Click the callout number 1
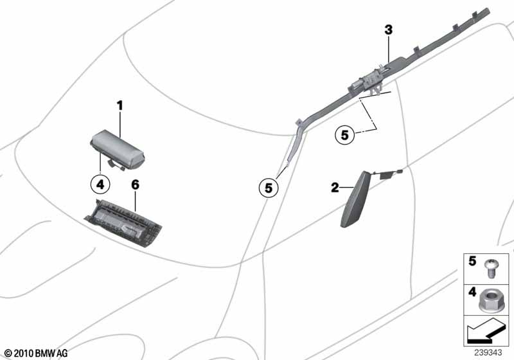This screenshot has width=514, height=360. pyautogui.click(x=120, y=105)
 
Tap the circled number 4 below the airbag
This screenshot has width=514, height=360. pyautogui.click(x=100, y=184)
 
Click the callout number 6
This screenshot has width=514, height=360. pyautogui.click(x=135, y=185)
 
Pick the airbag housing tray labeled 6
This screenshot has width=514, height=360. pyautogui.click(x=123, y=223)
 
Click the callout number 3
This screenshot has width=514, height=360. pyautogui.click(x=389, y=30)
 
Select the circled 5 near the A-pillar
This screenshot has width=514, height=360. pyautogui.click(x=269, y=188)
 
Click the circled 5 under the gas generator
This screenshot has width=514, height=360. pyautogui.click(x=344, y=135)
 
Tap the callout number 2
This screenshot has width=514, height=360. pyautogui.click(x=335, y=188)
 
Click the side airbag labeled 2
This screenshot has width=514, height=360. pyautogui.click(x=355, y=199)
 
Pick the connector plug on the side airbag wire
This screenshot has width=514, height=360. pyautogui.click(x=400, y=171)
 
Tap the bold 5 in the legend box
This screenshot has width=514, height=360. pyautogui.click(x=472, y=261)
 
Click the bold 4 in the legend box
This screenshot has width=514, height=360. pyautogui.click(x=472, y=292)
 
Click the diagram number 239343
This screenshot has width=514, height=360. pyautogui.click(x=488, y=353)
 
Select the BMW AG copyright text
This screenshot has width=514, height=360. pyautogui.click(x=36, y=354)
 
